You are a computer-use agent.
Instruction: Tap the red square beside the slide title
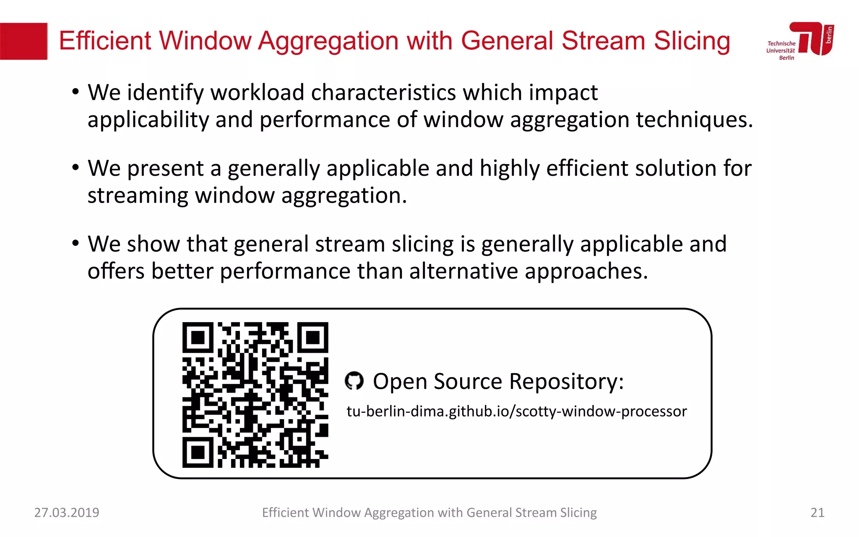23,41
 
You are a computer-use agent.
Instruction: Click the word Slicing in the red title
692,41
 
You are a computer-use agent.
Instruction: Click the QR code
255,394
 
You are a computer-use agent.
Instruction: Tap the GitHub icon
354,381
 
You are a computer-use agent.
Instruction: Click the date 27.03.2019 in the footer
67,512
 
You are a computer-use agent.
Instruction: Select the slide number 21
817,512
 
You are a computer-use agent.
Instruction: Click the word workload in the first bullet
257,92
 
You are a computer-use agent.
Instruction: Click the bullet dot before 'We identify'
75,92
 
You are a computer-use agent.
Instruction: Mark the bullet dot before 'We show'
75,243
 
